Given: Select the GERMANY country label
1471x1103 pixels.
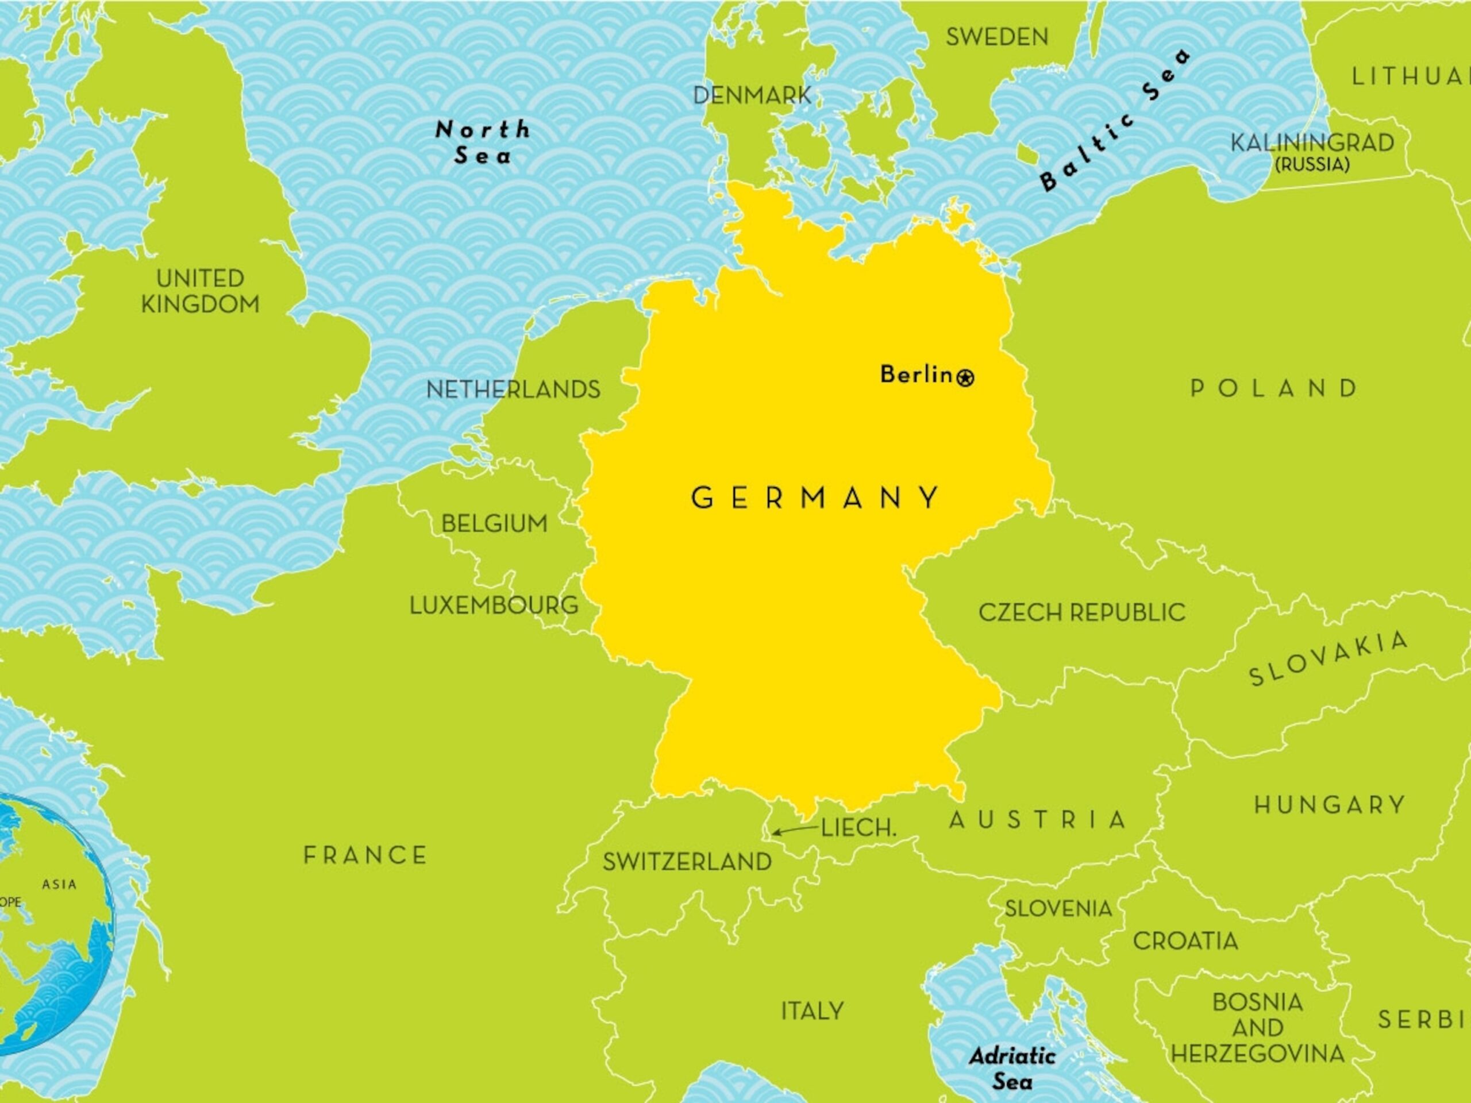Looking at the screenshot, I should coord(816,498).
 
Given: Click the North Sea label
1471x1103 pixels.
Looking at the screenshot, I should coord(483,142).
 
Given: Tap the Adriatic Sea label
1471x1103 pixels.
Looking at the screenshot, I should coord(1012,1069).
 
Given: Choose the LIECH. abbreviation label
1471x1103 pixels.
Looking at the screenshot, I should coord(858,828).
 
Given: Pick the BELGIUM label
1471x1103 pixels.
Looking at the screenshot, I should coord(494,524).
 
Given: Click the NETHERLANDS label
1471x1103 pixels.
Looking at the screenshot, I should coord(513,389).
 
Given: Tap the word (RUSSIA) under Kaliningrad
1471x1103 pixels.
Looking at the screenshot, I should coord(1311,165).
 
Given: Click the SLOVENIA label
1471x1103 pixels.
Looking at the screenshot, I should coord(1058,909).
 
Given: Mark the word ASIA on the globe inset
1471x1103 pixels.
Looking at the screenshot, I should coord(59,885).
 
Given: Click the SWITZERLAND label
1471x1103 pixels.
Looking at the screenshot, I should coord(687,862).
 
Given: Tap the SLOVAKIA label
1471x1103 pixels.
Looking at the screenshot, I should coord(1328,658).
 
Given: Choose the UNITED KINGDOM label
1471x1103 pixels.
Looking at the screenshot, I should coord(199,291).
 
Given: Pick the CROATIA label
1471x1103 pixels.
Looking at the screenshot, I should coord(1185,941).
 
